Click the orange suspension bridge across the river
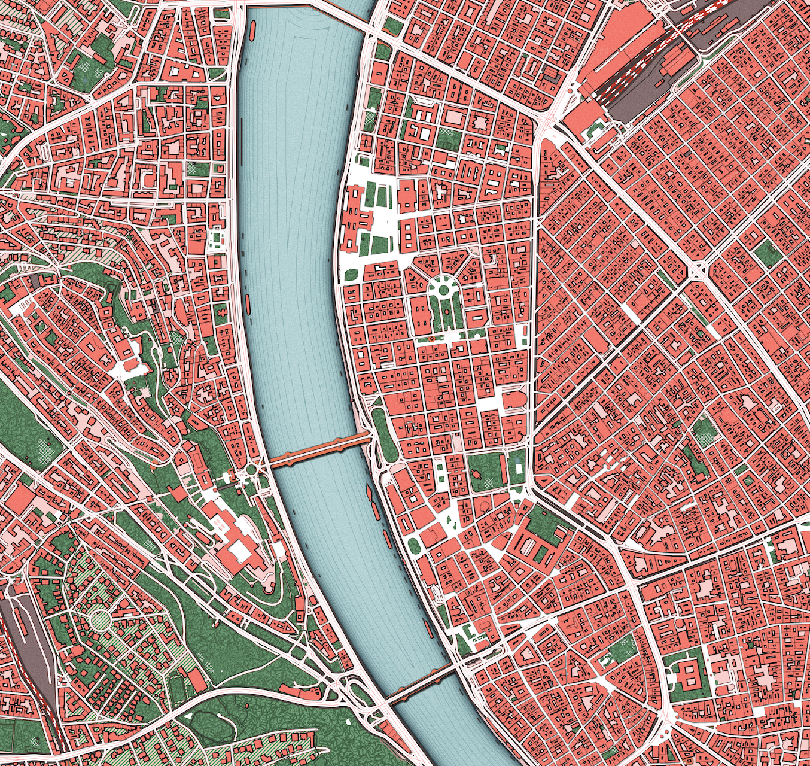point(320,451)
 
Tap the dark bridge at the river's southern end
point(419,683)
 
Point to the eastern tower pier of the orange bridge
point(342,443)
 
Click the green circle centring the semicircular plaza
point(444,290)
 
